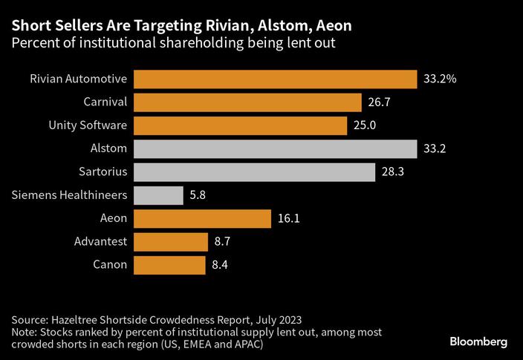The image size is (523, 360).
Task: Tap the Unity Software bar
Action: tap(241, 125)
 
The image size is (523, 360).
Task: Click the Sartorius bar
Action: tap(254, 172)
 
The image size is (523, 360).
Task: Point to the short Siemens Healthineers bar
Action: tap(158, 195)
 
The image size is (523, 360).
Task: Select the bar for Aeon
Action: tap(202, 218)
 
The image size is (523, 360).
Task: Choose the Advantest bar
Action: tap(171, 242)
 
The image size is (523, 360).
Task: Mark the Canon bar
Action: tap(170, 265)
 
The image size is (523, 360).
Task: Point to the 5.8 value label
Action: tap(198, 195)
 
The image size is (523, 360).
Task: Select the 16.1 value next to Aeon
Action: tap(287, 218)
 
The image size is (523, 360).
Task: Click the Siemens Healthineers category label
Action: tap(70, 195)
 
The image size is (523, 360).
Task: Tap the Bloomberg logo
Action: tap(478, 341)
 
